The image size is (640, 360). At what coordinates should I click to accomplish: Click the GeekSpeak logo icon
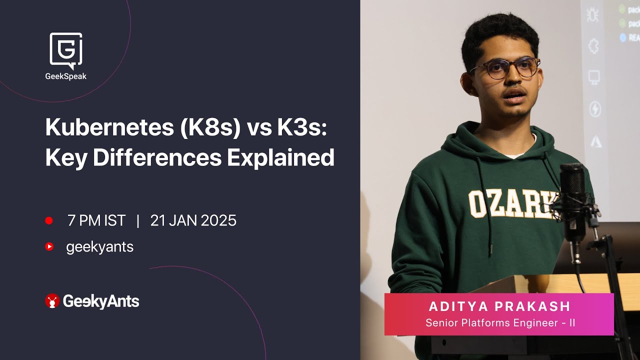click(66, 50)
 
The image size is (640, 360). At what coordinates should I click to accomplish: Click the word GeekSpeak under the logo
click(66, 76)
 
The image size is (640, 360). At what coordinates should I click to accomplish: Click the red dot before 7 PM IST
click(49, 220)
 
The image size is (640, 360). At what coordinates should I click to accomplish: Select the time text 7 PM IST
click(96, 220)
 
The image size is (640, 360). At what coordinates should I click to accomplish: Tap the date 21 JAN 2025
click(193, 220)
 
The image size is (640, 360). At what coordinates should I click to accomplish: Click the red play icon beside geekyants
click(49, 246)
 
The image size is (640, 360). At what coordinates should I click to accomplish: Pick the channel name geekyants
click(99, 247)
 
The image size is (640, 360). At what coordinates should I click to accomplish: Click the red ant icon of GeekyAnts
click(52, 300)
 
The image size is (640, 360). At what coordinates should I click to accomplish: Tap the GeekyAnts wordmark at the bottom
click(101, 301)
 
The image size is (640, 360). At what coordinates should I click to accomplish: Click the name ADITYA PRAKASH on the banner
click(499, 306)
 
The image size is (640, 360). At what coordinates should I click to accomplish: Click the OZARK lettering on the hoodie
click(510, 203)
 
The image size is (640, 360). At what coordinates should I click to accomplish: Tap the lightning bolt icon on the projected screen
click(595, 109)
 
